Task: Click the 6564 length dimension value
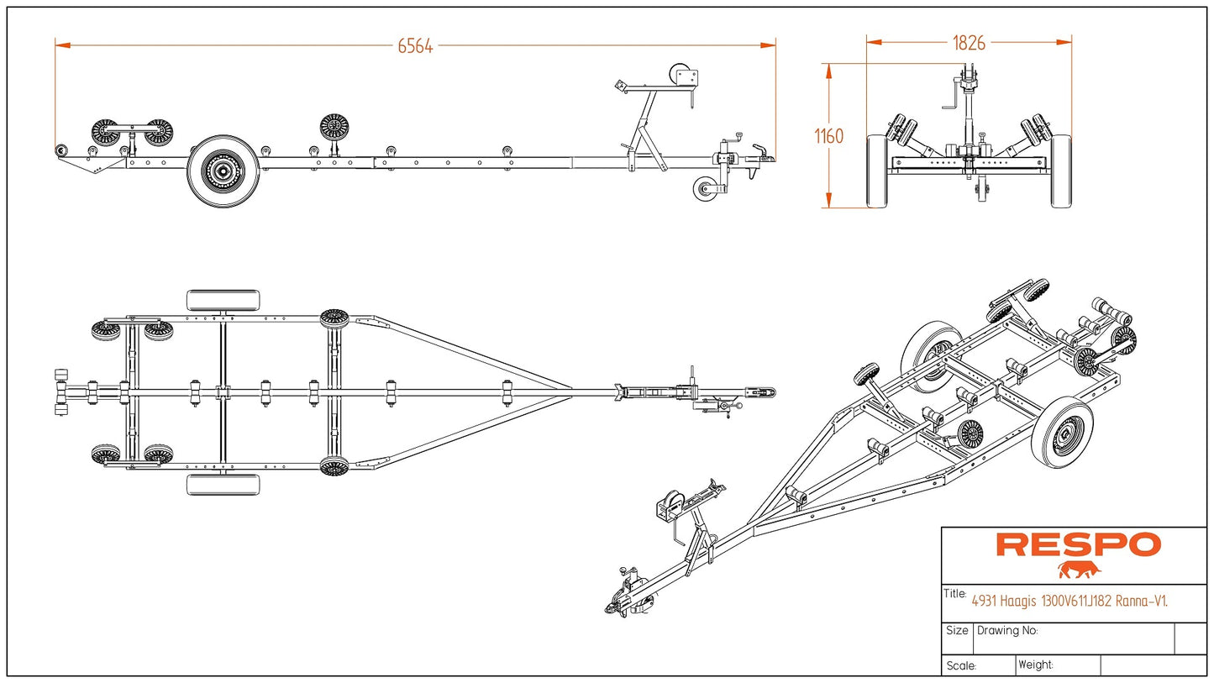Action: pos(415,46)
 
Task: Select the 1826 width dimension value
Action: pos(969,43)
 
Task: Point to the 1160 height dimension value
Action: pos(829,136)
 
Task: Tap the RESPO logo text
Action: pos(1079,545)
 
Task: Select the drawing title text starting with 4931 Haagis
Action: pos(1069,601)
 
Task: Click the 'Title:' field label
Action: pos(955,594)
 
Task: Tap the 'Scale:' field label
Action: pos(960,666)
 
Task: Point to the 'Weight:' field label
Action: pos(1036,665)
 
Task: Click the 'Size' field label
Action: pos(957,630)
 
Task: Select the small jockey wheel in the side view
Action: pos(706,189)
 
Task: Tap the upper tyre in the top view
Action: pos(223,300)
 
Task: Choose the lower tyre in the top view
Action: pos(223,485)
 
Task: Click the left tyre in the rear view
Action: pos(877,171)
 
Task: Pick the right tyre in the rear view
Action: pos(1061,171)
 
